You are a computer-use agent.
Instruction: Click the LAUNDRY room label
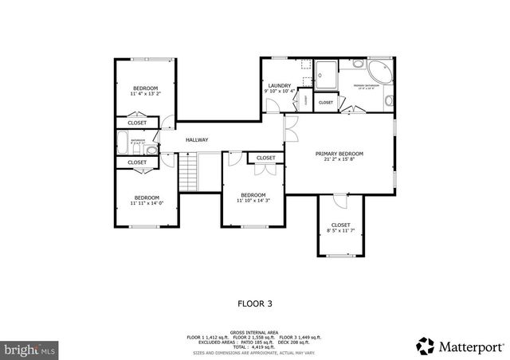(279, 85)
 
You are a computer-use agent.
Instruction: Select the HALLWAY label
(197, 140)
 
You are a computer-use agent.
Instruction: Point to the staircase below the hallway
(186, 170)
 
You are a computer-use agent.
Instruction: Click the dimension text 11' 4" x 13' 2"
(145, 94)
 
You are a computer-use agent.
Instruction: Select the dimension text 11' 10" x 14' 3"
(253, 201)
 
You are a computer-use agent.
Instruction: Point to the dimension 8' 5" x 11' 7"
(340, 231)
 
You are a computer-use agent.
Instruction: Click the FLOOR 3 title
(255, 303)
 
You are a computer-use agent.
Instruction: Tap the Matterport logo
(460, 346)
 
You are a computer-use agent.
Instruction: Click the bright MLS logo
(30, 349)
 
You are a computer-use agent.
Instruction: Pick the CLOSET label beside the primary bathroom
(326, 103)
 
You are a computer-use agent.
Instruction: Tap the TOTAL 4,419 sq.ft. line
(254, 347)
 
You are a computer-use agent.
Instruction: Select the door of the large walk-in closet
(340, 198)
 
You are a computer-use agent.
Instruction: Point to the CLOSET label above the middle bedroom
(266, 158)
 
